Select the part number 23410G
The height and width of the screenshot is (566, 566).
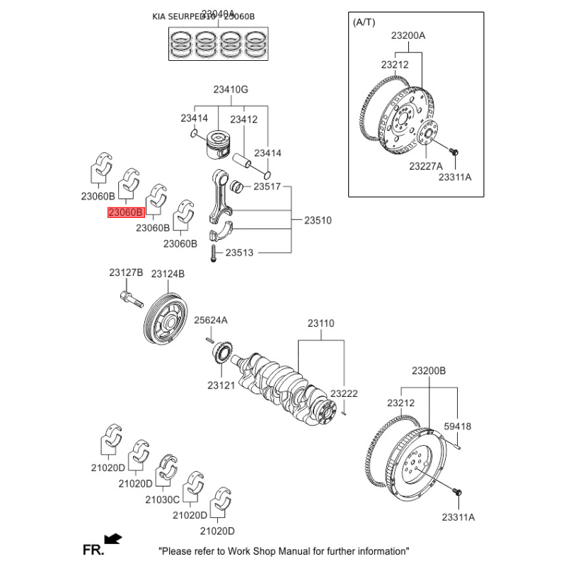[231, 90]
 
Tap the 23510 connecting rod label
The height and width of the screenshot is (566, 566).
[318, 221]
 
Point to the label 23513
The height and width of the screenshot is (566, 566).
[239, 253]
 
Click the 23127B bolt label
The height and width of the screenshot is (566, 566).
[126, 272]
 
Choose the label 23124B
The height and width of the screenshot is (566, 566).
[168, 272]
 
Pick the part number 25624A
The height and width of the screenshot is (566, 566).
[211, 320]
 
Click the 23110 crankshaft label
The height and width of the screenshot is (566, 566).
[320, 323]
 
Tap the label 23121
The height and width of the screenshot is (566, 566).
[220, 386]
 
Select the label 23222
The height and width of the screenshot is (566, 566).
[344, 393]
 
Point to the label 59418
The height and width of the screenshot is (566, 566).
[457, 427]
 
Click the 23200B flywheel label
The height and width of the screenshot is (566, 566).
[429, 371]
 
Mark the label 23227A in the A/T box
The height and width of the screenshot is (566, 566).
[425, 166]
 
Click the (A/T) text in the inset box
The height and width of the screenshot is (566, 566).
[364, 23]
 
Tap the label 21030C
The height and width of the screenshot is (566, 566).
[163, 499]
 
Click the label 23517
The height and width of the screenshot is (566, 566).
[267, 187]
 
